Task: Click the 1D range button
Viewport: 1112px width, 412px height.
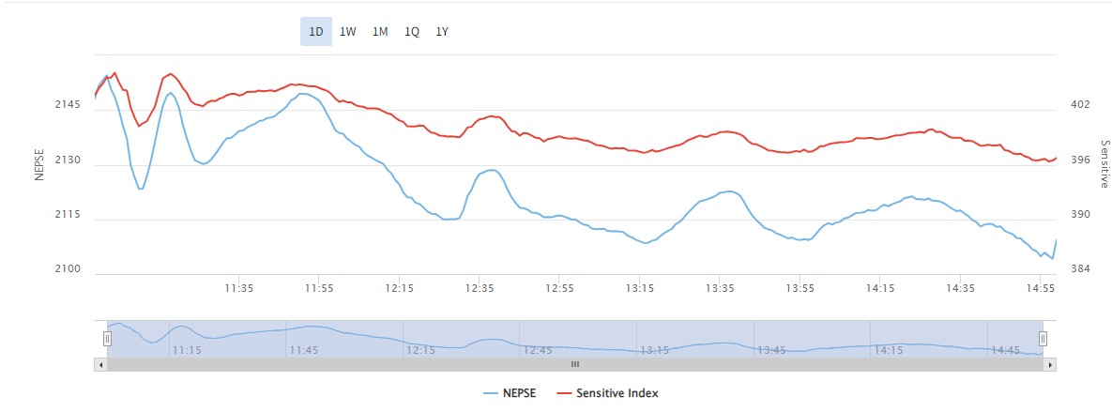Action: click(316, 32)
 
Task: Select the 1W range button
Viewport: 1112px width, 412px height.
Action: click(348, 32)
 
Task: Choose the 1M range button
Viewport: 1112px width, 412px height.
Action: click(380, 32)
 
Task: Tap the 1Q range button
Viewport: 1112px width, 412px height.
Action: click(412, 32)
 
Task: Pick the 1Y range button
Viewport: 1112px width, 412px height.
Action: click(442, 32)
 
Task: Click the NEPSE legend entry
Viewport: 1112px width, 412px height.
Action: click(510, 393)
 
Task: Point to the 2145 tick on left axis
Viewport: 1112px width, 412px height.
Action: click(69, 105)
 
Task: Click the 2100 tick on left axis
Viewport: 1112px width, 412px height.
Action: click(69, 270)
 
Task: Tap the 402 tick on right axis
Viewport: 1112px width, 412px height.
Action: click(1080, 105)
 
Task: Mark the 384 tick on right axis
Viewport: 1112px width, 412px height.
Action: click(1080, 270)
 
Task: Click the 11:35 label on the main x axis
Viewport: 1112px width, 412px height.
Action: click(239, 288)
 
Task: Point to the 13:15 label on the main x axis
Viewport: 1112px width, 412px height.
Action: click(640, 288)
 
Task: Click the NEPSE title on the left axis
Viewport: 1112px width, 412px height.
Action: click(39, 163)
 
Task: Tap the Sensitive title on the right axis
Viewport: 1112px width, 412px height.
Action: click(1104, 163)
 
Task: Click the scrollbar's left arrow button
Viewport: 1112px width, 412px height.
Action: click(99, 363)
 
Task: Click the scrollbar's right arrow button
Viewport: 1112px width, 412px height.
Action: click(1051, 363)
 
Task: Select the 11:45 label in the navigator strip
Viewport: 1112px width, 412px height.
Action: click(304, 350)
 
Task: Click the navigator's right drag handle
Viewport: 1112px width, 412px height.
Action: click(1043, 338)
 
